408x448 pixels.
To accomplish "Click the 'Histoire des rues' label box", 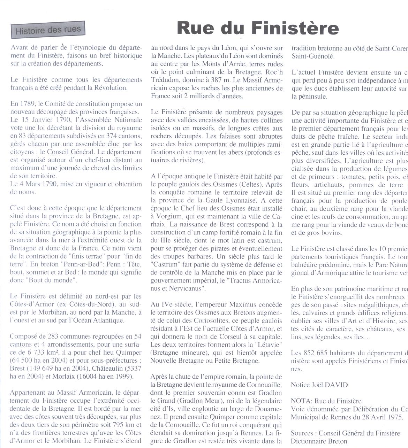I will (48, 30).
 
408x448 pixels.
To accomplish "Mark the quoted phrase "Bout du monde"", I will (50, 280).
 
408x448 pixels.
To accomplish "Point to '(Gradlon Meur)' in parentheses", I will (199, 401).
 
